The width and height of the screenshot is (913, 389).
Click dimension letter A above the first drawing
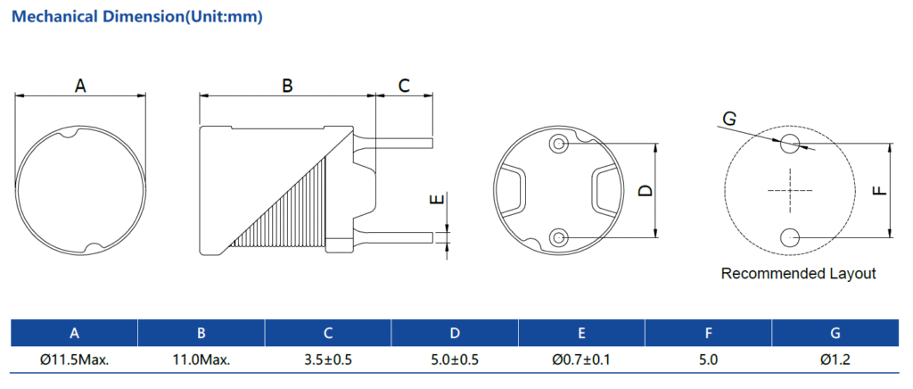point(80,86)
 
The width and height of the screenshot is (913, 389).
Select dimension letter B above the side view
point(287,86)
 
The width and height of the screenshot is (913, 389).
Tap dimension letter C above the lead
point(404,86)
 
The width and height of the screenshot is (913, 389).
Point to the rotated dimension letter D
point(646,190)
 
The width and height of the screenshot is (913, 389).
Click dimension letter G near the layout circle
point(729,119)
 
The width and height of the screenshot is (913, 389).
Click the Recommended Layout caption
point(798,274)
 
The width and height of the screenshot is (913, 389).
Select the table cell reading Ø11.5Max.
point(74,360)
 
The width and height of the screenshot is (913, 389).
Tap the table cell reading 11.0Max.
point(202,360)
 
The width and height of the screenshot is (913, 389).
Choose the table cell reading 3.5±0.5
point(328,360)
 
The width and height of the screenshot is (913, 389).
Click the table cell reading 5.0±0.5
point(455,360)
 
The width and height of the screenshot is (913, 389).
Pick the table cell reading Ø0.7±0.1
point(581,360)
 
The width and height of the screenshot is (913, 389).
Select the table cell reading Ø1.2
point(835,360)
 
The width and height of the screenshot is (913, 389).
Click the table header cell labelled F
point(708,334)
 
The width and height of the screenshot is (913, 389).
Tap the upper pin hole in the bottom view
point(559,144)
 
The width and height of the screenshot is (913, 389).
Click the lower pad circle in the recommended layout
point(790,237)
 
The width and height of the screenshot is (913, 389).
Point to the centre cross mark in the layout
point(790,190)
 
